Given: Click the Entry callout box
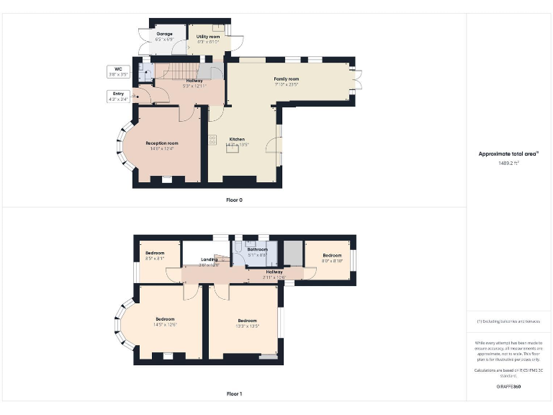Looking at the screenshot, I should click(x=117, y=97).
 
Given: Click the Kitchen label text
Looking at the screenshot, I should click(x=237, y=139).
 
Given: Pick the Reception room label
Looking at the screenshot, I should click(x=161, y=143).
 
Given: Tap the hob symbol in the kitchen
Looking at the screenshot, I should click(x=213, y=140).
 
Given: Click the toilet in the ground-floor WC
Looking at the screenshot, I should click(x=143, y=72).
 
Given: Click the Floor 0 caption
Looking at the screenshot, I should click(x=234, y=200).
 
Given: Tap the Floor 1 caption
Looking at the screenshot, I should click(x=234, y=394).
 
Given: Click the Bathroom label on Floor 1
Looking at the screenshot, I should click(x=257, y=249).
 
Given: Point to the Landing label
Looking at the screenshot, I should click(x=209, y=259).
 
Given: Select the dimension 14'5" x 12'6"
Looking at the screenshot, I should click(x=165, y=325).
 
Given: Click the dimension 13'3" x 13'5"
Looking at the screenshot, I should click(x=247, y=326).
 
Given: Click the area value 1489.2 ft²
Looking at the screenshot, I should click(x=509, y=163).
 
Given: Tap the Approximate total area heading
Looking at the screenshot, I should click(x=509, y=153).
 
